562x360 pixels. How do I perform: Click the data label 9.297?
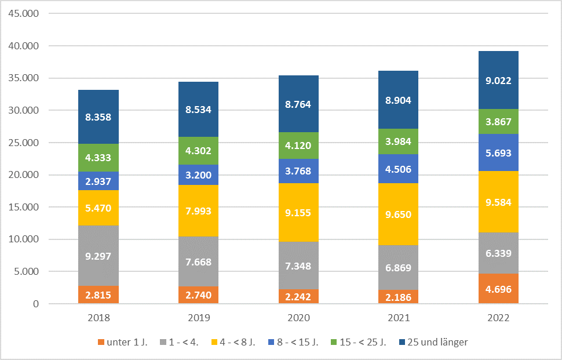tap(98, 255)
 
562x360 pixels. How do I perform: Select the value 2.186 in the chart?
tap(399, 297)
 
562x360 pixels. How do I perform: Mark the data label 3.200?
tap(198, 174)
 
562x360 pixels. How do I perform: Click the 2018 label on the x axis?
tap(98, 318)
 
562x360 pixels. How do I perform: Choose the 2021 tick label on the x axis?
tap(399, 318)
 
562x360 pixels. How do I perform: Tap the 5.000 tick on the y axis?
tap(27, 272)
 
